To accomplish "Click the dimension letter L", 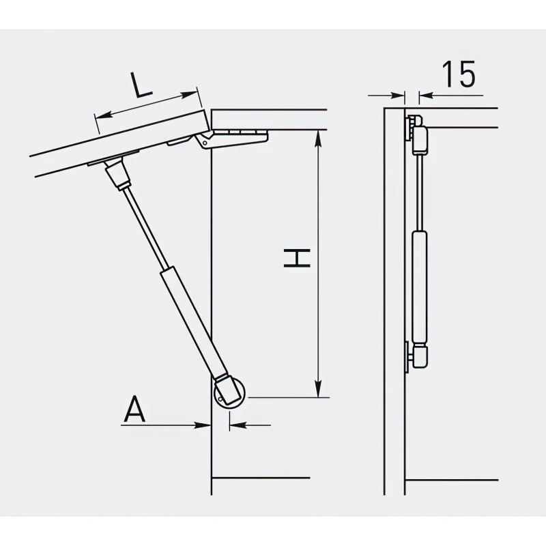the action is pyautogui.click(x=141, y=85).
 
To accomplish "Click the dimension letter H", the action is pyautogui.click(x=297, y=258).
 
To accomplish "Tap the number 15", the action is pyautogui.click(x=458, y=74).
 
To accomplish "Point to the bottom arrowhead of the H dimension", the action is pyautogui.click(x=317, y=388).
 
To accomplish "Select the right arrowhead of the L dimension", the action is pyautogui.click(x=189, y=94).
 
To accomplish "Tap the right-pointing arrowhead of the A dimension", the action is pyautogui.click(x=203, y=425).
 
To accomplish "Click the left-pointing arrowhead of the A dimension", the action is pyautogui.click(x=238, y=425).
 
